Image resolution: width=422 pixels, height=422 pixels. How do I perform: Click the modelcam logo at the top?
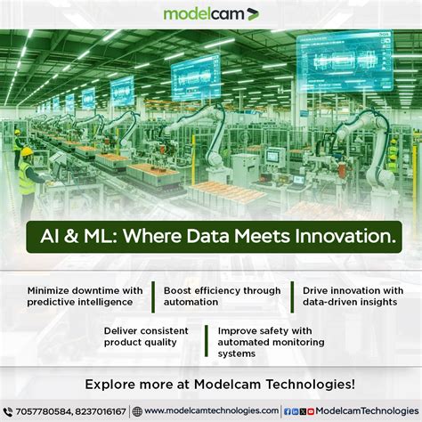click(211, 13)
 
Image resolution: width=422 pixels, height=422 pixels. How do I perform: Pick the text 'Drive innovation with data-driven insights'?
click(353, 296)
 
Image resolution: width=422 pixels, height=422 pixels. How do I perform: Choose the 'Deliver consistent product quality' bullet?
click(148, 337)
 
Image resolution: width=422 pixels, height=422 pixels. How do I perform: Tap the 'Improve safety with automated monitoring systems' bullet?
click(271, 341)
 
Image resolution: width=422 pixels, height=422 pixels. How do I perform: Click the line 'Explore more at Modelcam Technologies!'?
click(211, 385)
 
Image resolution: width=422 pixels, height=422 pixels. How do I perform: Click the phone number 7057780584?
click(41, 411)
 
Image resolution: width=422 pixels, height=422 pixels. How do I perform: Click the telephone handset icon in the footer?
click(8, 411)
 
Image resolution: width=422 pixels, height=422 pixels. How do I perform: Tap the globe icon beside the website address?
click(137, 411)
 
